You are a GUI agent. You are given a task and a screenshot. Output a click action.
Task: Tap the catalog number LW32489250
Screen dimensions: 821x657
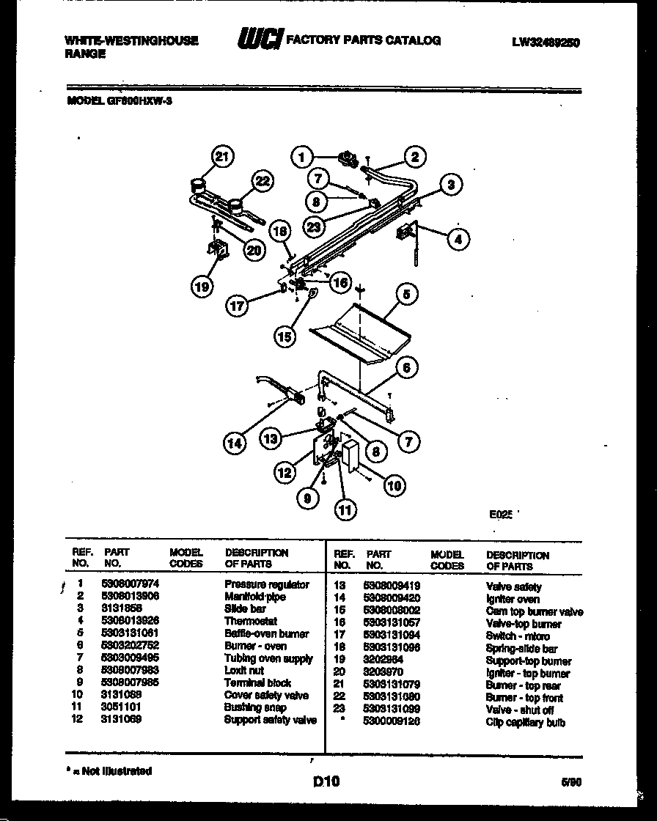(x=546, y=43)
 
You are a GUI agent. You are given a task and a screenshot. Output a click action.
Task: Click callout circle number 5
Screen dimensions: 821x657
(x=407, y=295)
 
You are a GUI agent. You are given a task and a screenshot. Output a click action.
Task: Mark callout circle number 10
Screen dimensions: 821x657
(x=393, y=485)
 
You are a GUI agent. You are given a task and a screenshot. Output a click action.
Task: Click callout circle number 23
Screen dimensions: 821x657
(x=316, y=227)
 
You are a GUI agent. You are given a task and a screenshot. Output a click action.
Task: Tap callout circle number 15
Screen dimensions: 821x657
(x=285, y=336)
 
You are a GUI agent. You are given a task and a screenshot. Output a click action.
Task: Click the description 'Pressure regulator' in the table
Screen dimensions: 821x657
(x=266, y=585)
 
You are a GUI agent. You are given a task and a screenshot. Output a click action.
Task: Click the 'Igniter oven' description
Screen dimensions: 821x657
(x=513, y=600)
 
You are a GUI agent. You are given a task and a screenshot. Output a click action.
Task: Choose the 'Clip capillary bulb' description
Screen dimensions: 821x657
(x=525, y=723)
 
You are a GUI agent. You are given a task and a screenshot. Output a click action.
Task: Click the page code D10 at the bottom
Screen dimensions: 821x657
(x=327, y=782)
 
